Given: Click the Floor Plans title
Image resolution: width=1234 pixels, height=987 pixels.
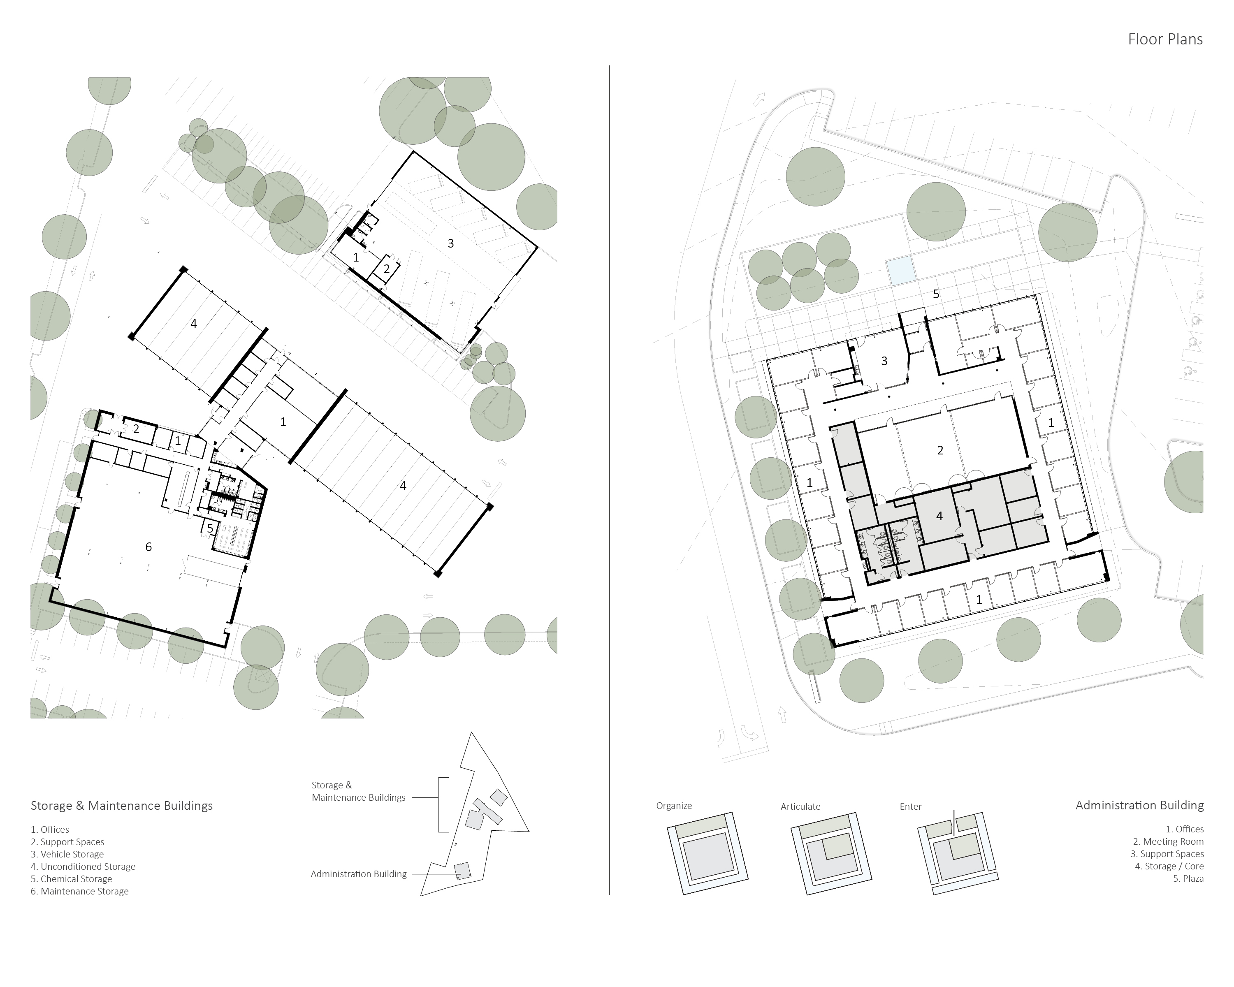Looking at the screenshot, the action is pos(1165,39).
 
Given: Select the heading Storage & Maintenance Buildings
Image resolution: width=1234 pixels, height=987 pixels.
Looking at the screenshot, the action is pos(121,806).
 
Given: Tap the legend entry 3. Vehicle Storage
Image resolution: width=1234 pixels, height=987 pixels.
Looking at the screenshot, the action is pos(67,854).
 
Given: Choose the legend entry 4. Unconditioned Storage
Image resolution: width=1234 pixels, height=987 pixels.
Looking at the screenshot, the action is pos(83,866).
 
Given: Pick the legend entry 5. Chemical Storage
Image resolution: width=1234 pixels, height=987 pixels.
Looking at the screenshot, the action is pos(71,879).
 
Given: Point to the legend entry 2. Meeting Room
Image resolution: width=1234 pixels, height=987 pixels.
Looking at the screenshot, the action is pos(1168,842).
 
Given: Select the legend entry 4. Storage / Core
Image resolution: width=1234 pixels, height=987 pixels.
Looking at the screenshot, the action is pos(1169,866).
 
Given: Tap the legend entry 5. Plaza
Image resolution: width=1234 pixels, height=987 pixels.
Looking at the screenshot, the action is pos(1188,879).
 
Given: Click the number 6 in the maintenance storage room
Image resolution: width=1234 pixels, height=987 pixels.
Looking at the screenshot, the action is pos(148,547).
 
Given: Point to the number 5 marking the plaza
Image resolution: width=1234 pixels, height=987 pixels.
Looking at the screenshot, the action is pos(936,294).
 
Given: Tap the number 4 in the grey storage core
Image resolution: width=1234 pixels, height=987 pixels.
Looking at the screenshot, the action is pos(939,516).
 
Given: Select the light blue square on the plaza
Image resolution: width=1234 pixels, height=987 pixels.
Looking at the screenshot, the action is pos(900,271).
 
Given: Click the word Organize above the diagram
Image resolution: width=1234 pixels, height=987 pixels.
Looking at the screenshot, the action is pos(674,806).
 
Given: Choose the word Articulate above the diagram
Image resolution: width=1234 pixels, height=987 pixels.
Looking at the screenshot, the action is pos(800,806).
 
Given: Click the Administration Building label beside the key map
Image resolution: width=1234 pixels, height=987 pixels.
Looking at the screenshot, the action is pos(358,874).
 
